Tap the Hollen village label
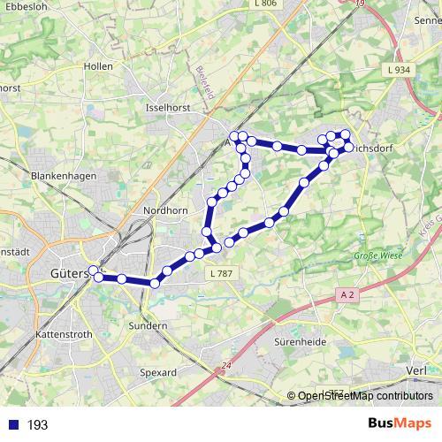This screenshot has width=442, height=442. [x=97, y=66]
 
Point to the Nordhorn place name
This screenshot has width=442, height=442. [x=162, y=211]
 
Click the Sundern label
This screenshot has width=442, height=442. [x=149, y=326]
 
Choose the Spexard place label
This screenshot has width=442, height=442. [x=158, y=373]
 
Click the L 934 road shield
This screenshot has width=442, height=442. [x=399, y=70]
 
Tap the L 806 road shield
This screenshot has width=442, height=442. [x=264, y=4]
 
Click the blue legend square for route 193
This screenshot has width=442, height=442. [x=12, y=425]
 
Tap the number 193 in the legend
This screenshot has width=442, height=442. [x=37, y=425]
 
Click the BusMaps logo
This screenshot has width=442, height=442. [x=400, y=424]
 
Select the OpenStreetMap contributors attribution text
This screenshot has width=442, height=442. [x=365, y=397]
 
